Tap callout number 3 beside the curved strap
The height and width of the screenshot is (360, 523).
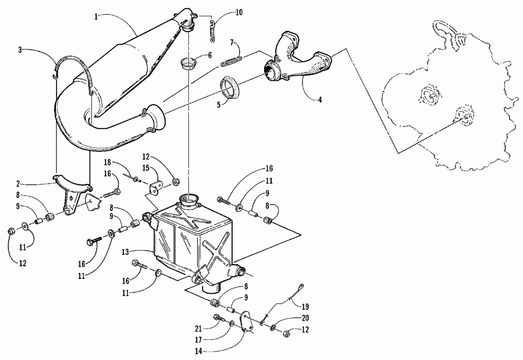(20, 50)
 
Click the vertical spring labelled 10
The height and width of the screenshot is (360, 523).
(213, 30)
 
